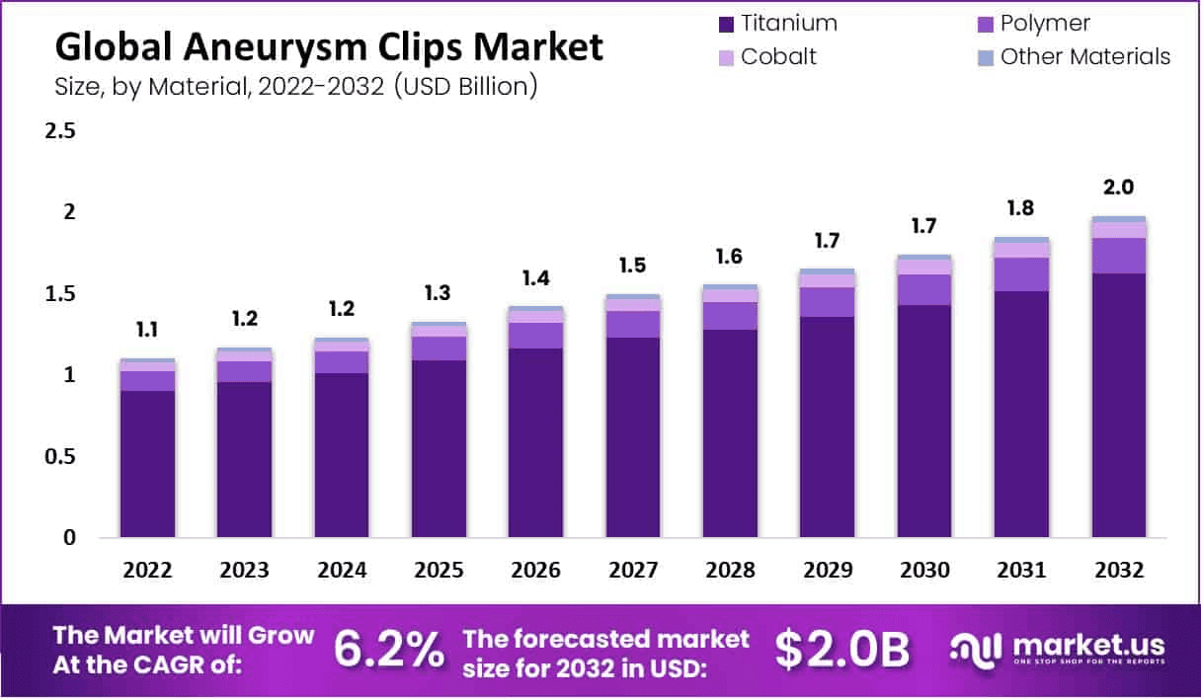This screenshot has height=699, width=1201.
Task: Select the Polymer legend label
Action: coord(1045,24)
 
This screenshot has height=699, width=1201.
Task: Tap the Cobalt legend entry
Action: coord(778,56)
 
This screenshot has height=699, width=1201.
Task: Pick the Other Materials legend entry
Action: coord(1084,56)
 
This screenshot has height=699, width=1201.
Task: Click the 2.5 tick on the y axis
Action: coord(61,130)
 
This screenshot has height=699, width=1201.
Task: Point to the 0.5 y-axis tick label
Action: coord(61,457)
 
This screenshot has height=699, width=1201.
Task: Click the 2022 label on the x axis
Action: coord(147,571)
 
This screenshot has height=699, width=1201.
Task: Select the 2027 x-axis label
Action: coord(633,571)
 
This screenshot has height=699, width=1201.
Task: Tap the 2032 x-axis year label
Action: coord(1119,571)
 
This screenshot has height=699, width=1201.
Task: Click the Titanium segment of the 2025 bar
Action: coord(439,449)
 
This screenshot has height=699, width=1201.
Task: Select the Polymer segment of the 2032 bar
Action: coord(1119,256)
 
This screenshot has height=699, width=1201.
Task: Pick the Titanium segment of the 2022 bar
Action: coord(147,464)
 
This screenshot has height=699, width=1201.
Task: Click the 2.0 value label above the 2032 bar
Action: coord(1119,188)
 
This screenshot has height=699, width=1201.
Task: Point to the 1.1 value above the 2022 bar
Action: coord(147,330)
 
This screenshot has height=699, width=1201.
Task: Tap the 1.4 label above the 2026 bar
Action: coord(535,278)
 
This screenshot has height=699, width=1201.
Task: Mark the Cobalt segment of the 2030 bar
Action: coord(924,267)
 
